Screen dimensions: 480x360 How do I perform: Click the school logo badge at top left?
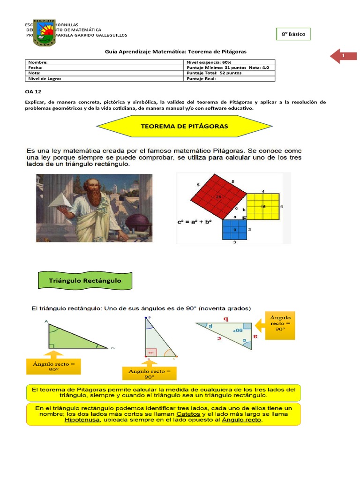pos(45,33)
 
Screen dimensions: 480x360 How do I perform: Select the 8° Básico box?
pos(293,34)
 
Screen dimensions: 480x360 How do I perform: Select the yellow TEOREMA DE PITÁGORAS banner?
pos(184,127)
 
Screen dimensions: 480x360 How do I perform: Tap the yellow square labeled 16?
pos(262,206)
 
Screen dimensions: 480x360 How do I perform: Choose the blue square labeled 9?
pos(234,229)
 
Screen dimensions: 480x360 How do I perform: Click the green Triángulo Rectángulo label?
pos(85,281)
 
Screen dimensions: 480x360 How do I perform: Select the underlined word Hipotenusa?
pos(82,420)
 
